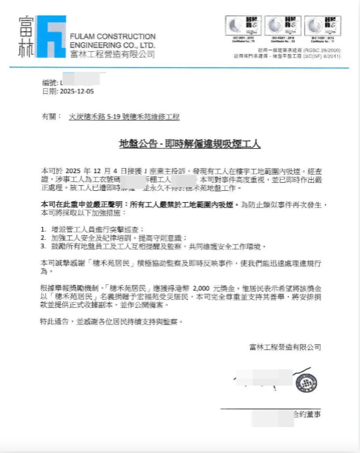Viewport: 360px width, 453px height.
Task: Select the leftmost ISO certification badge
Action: point(241,27)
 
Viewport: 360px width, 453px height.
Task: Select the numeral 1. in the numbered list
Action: point(44,230)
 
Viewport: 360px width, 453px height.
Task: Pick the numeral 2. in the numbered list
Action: point(44,238)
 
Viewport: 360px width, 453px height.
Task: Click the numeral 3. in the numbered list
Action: point(44,245)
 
